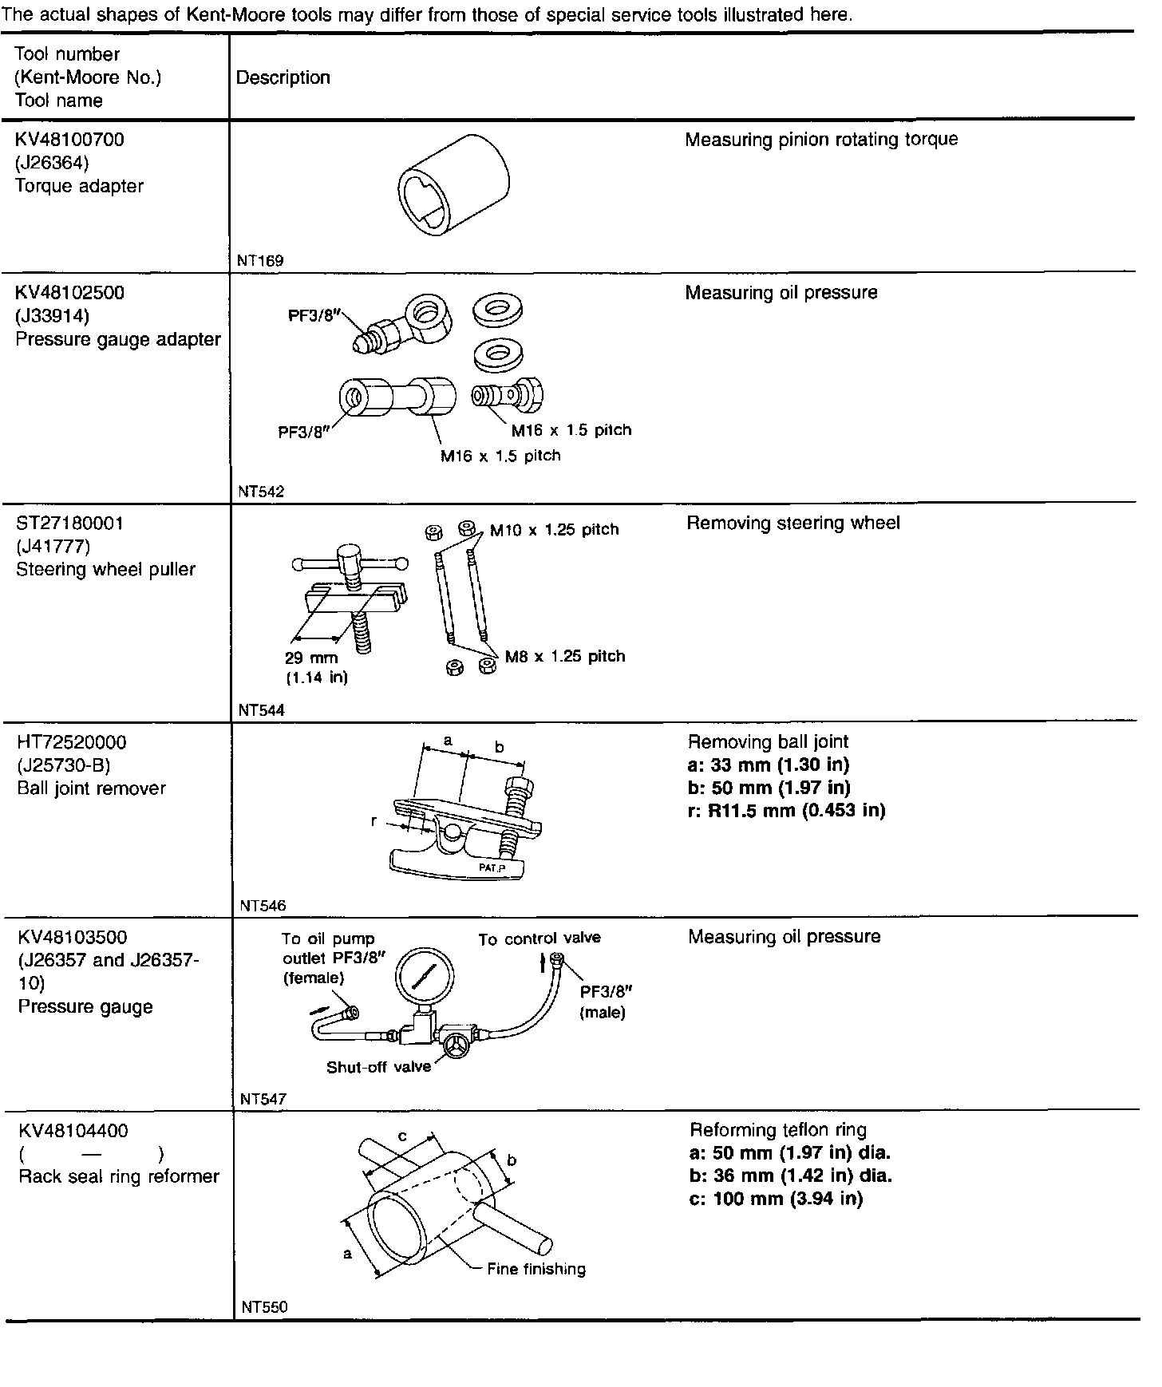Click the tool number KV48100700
pos(69,140)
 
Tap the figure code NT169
pos(260,261)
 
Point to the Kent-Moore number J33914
pos(53,316)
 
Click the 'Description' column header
pos(283,77)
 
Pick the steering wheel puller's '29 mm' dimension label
pos(311,658)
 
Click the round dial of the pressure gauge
pos(423,976)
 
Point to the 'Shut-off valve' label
pos(378,1068)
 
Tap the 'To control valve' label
pos(539,939)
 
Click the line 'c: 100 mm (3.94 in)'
pos(776,1199)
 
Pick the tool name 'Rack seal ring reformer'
pos(119,1177)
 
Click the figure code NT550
pos(263,1308)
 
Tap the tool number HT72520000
pos(72,743)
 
